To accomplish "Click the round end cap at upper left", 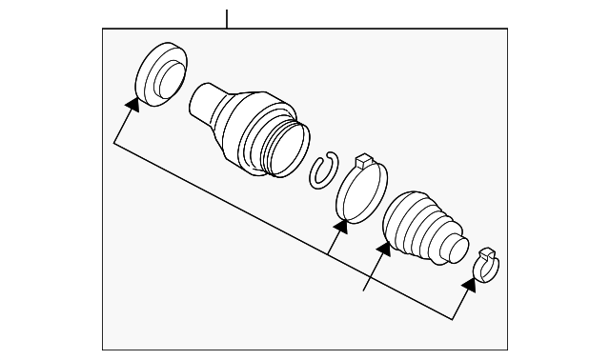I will click(x=159, y=71).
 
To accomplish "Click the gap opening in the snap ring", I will click(x=329, y=158).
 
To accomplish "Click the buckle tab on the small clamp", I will click(x=486, y=253).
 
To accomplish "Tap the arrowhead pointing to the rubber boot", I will click(x=385, y=250).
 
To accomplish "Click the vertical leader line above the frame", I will click(x=228, y=18).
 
